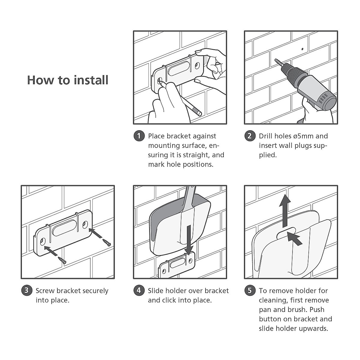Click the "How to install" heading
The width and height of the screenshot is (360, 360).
67,80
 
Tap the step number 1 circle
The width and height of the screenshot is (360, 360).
139,136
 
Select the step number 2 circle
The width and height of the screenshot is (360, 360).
250,136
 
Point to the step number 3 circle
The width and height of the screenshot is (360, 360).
27,290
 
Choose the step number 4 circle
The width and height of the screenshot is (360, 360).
139,290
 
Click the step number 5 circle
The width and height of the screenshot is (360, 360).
250,290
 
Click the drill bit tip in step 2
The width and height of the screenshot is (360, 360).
275,60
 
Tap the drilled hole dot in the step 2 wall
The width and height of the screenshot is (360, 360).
302,49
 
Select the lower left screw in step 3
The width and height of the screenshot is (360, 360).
62,260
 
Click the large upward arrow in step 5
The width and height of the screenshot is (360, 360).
285,211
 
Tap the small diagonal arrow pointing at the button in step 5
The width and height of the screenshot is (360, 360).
295,238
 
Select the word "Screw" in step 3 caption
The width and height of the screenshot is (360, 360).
45,291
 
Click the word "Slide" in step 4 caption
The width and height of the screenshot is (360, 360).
156,291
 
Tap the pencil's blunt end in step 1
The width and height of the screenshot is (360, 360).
200,113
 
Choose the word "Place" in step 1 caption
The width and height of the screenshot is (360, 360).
156,136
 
